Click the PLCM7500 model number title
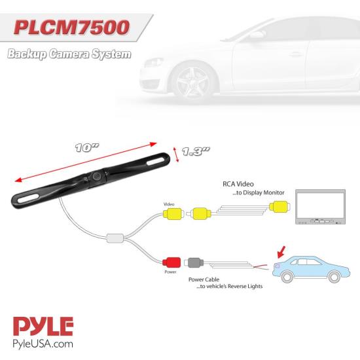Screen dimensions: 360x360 click(x=71, y=27)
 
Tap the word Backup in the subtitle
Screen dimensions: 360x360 click(x=27, y=54)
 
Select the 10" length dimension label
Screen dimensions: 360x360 click(x=87, y=148)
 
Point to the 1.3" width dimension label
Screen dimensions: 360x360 click(x=196, y=151)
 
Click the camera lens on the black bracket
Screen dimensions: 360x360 click(x=96, y=176)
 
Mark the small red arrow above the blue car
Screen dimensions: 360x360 click(x=281, y=252)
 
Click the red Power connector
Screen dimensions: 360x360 click(x=171, y=262)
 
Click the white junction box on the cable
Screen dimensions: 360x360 click(x=115, y=238)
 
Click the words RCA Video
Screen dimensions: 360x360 click(x=238, y=184)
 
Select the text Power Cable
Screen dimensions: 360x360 click(x=204, y=279)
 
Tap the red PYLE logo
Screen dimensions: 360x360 click(x=43, y=326)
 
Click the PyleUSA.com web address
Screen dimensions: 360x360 click(x=43, y=344)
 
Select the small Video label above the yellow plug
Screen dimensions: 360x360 click(x=169, y=204)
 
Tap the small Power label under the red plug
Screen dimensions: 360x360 click(x=170, y=272)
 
